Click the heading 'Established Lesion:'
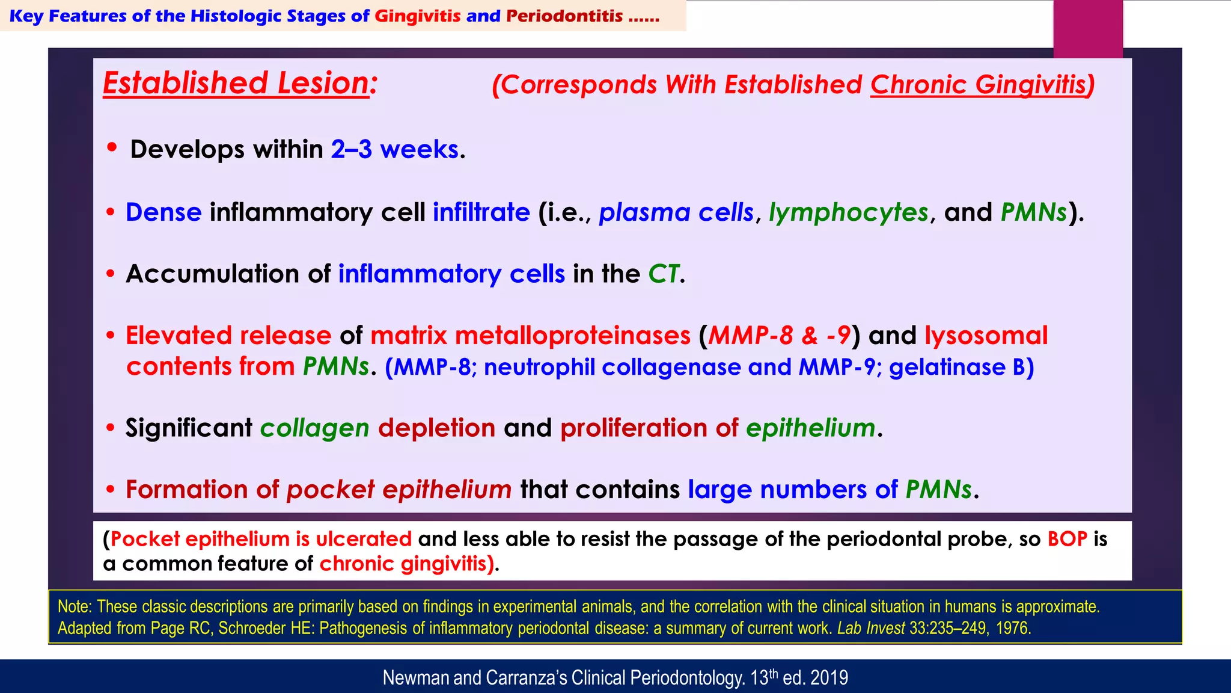[x=240, y=83]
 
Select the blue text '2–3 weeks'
[x=394, y=149]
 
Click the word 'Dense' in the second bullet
[x=163, y=212]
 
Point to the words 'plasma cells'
[x=676, y=212]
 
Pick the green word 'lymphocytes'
[x=848, y=212]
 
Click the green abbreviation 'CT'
[x=664, y=274]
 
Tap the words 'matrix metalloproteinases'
[x=530, y=336]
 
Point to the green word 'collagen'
[x=314, y=428]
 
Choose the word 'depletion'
[x=436, y=428]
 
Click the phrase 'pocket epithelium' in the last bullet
[x=399, y=490]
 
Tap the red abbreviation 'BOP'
[x=1067, y=539]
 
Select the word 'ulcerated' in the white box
[x=364, y=539]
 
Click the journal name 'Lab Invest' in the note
[x=870, y=629]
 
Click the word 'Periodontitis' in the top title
[x=564, y=16]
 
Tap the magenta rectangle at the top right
[x=1088, y=29]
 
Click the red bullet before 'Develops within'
[x=112, y=147]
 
